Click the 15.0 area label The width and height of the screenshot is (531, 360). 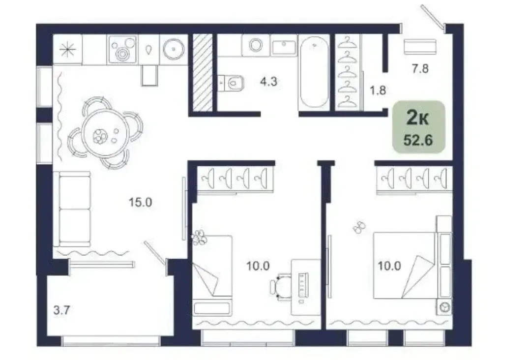[140, 202]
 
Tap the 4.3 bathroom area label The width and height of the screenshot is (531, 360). [268, 82]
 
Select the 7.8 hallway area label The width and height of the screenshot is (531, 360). [420, 69]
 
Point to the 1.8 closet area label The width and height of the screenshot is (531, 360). [378, 90]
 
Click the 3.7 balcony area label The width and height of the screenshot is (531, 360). [61, 310]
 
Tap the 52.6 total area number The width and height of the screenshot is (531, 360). [418, 139]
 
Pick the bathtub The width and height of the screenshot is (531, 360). [314, 72]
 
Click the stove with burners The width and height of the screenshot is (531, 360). [122, 50]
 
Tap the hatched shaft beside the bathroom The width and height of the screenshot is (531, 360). [203, 72]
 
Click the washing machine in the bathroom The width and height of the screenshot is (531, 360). [256, 45]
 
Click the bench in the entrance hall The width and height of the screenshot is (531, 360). [420, 47]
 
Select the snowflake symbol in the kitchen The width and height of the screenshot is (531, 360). [67, 50]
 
